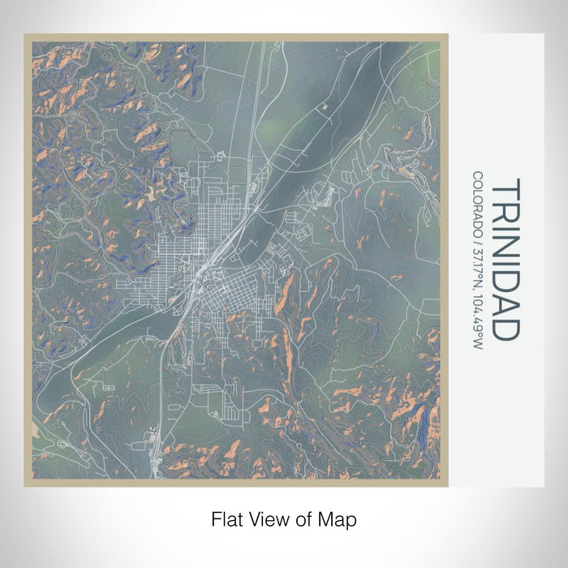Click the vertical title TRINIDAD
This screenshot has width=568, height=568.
pos(504,260)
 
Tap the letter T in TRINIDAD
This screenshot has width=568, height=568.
pos(504,188)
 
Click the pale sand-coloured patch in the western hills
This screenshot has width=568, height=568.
pos(151,195)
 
